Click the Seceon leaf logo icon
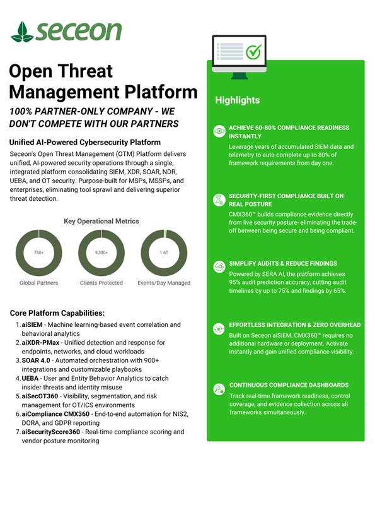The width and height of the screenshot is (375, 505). tap(22, 31)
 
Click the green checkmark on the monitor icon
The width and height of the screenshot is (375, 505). tap(253, 52)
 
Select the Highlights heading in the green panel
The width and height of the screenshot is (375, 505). tap(237, 100)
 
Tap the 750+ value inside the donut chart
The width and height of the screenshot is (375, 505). tap(38, 252)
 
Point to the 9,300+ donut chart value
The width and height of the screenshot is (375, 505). tap(101, 252)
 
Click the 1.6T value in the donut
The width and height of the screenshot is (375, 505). tap(164, 252)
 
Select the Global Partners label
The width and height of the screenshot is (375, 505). tap(38, 283)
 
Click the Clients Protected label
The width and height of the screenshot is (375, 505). tap(101, 283)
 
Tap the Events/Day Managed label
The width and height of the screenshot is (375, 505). tap(164, 283)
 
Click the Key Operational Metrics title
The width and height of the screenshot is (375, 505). tap(101, 222)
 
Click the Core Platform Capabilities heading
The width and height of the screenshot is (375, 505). tap(57, 313)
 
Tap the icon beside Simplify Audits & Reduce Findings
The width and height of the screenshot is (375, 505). tap(219, 266)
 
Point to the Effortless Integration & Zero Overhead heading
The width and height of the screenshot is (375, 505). tap(294, 325)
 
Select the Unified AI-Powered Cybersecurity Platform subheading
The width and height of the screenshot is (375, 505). tap(85, 143)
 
